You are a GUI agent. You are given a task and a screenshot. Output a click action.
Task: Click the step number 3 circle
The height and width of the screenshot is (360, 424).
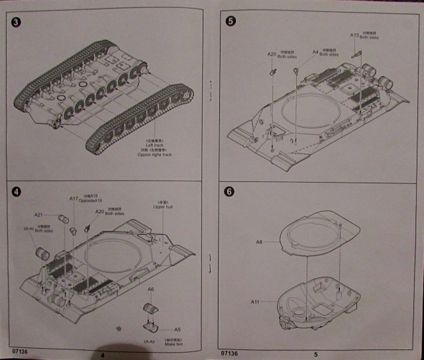point(17,23)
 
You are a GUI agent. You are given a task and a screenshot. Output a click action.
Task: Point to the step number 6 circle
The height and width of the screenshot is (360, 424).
point(230,192)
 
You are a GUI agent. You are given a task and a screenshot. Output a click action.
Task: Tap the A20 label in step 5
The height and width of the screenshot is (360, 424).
point(272,54)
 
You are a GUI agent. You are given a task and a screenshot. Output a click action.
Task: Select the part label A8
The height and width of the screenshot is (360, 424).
point(260,242)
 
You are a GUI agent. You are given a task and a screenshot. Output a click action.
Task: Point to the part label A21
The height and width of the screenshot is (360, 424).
point(39,214)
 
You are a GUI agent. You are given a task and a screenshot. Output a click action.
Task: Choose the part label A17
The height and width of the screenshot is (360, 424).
point(74,199)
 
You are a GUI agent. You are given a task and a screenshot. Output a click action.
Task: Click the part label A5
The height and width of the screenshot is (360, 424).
point(177,329)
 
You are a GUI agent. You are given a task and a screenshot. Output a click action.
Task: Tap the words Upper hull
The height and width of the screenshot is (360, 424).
point(162,207)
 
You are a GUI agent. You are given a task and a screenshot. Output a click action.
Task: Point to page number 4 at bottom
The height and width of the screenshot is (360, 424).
point(103,354)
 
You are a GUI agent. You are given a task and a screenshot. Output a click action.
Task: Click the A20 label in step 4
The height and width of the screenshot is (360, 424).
point(99,212)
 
